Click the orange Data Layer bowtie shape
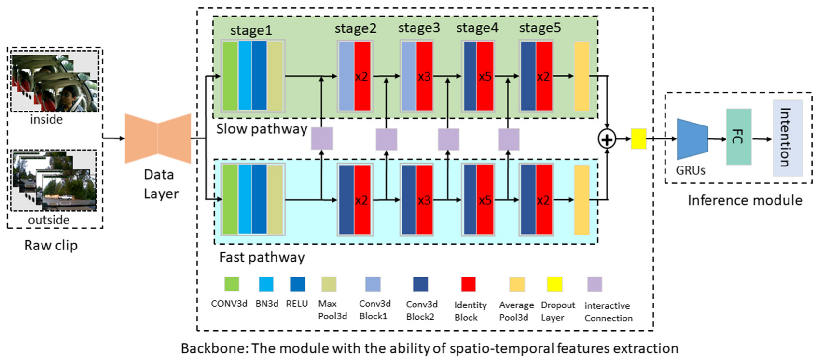158,138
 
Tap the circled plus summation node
607,139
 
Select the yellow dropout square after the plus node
638,139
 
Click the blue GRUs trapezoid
692,139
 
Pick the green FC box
738,137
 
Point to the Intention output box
787,138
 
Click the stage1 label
251,30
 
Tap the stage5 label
540,28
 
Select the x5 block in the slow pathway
485,76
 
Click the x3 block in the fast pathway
424,200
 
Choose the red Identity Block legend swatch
468,284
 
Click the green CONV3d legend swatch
232,284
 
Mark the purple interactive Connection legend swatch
595,284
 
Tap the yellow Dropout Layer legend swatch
554,284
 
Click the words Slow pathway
261,129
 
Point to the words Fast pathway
262,257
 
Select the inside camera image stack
54,83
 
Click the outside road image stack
54,181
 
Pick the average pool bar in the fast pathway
582,200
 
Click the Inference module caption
745,200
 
